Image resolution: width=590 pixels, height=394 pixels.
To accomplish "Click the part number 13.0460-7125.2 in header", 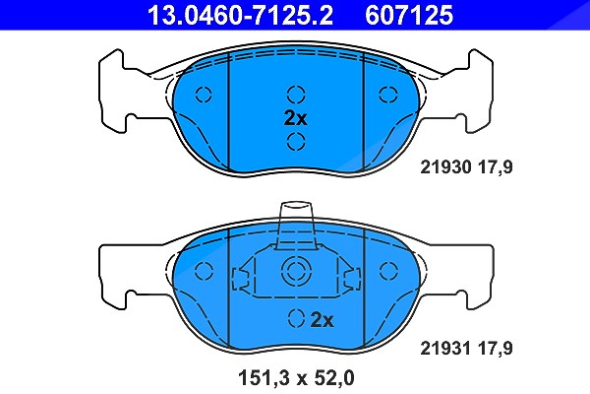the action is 240,15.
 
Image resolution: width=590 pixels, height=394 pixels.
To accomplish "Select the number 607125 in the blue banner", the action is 409,15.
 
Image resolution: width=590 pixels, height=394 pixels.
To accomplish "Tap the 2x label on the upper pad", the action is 295,118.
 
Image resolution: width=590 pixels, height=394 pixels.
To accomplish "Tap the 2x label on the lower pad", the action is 323,320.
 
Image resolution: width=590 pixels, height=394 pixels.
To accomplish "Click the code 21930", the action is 445,167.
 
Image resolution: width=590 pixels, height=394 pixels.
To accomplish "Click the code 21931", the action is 445,349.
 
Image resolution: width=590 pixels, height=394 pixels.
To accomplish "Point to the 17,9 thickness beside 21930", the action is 496,167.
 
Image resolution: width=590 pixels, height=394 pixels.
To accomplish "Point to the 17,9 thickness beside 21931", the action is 496,349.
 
